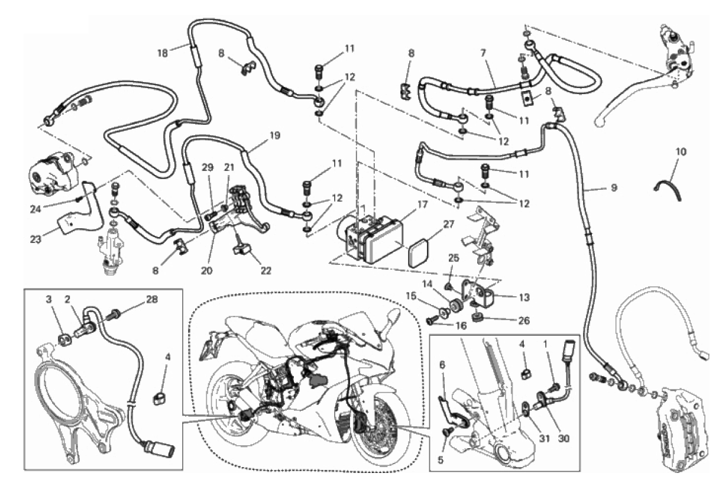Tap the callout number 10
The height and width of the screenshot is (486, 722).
[681, 152]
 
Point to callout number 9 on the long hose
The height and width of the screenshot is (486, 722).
[614, 188]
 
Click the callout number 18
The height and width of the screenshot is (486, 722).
[162, 52]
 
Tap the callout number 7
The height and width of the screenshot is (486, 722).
[484, 53]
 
